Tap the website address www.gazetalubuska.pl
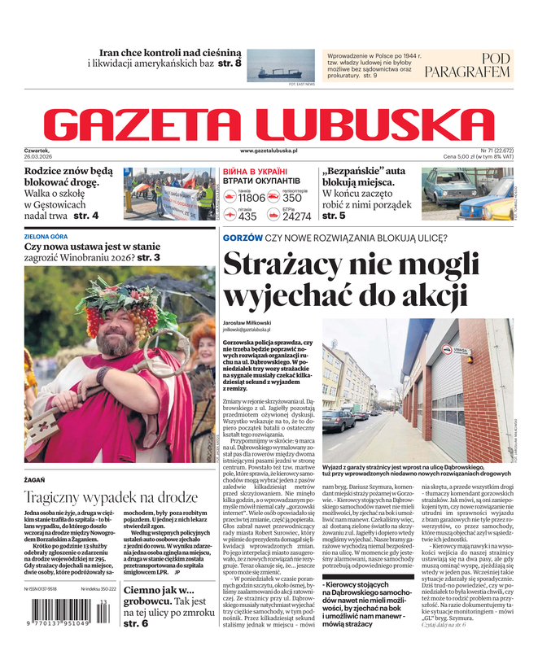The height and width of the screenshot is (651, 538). tap(269, 151)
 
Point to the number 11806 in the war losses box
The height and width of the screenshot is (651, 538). tap(251, 198)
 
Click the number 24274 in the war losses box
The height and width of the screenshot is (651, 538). tap(296, 216)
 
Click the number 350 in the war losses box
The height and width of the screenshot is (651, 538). tap(292, 198)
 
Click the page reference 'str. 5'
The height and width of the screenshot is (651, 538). tap(334, 216)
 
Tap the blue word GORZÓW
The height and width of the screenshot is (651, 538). tap(243, 238)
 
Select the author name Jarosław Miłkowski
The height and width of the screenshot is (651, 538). tap(252, 321)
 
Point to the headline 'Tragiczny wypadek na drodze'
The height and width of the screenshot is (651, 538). tap(110, 497)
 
